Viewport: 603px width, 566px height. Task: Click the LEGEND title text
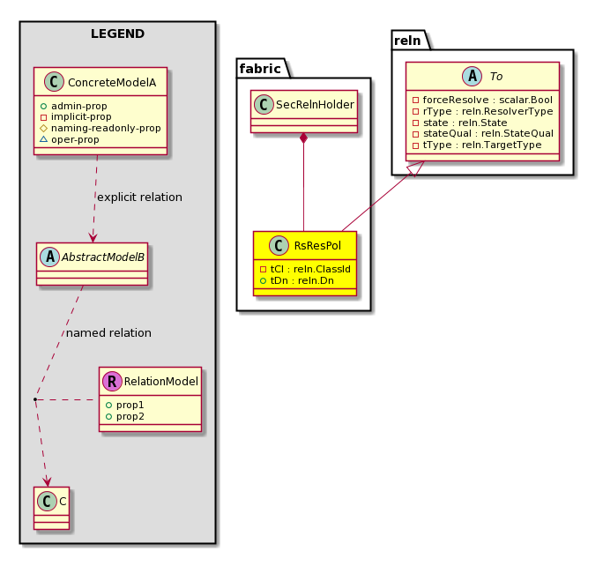pyautogui.click(x=117, y=34)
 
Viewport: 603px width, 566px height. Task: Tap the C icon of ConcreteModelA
pyautogui.click(x=55, y=81)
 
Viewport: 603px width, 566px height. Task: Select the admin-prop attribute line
pyautogui.click(x=73, y=106)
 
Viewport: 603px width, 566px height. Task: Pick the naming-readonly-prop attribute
pyautogui.click(x=100, y=128)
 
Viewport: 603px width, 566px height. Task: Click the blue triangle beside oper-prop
pyautogui.click(x=43, y=139)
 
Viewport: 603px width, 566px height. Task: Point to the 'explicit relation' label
pyautogui.click(x=139, y=197)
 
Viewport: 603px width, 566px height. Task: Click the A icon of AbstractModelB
pyautogui.click(x=50, y=257)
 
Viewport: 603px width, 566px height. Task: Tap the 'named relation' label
pyautogui.click(x=108, y=333)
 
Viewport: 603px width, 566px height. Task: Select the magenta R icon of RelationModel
pyautogui.click(x=112, y=381)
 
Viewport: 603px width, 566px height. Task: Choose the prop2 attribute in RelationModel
pyautogui.click(x=125, y=416)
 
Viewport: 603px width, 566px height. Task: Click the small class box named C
pyautogui.click(x=51, y=509)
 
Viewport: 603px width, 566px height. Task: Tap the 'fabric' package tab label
pyautogui.click(x=260, y=69)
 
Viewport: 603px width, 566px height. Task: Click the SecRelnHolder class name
pyautogui.click(x=315, y=105)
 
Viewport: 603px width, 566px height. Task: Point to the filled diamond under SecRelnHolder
pyautogui.click(x=304, y=138)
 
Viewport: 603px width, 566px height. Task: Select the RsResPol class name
pyautogui.click(x=317, y=246)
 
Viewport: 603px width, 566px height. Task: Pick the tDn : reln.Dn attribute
pyautogui.click(x=297, y=280)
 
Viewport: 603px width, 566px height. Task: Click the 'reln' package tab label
pyautogui.click(x=407, y=41)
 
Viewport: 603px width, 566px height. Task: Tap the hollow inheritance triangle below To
pyautogui.click(x=417, y=168)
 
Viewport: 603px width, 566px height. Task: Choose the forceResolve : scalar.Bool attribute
pyautogui.click(x=482, y=100)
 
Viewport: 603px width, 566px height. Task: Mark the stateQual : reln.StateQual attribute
pyautogui.click(x=483, y=133)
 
